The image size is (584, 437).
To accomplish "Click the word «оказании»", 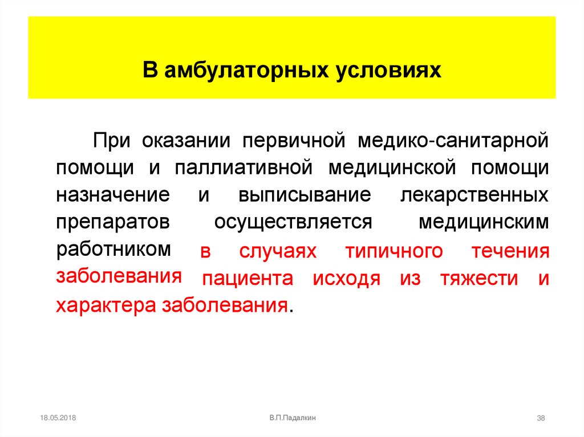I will tap(186, 140).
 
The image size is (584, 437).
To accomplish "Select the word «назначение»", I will tap(113, 195).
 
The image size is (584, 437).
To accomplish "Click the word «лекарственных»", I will tap(476, 195).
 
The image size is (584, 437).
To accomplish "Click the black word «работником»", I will tap(113, 249).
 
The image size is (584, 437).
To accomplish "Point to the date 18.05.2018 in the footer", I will tap(58, 418).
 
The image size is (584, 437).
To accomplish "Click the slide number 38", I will tap(541, 419).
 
